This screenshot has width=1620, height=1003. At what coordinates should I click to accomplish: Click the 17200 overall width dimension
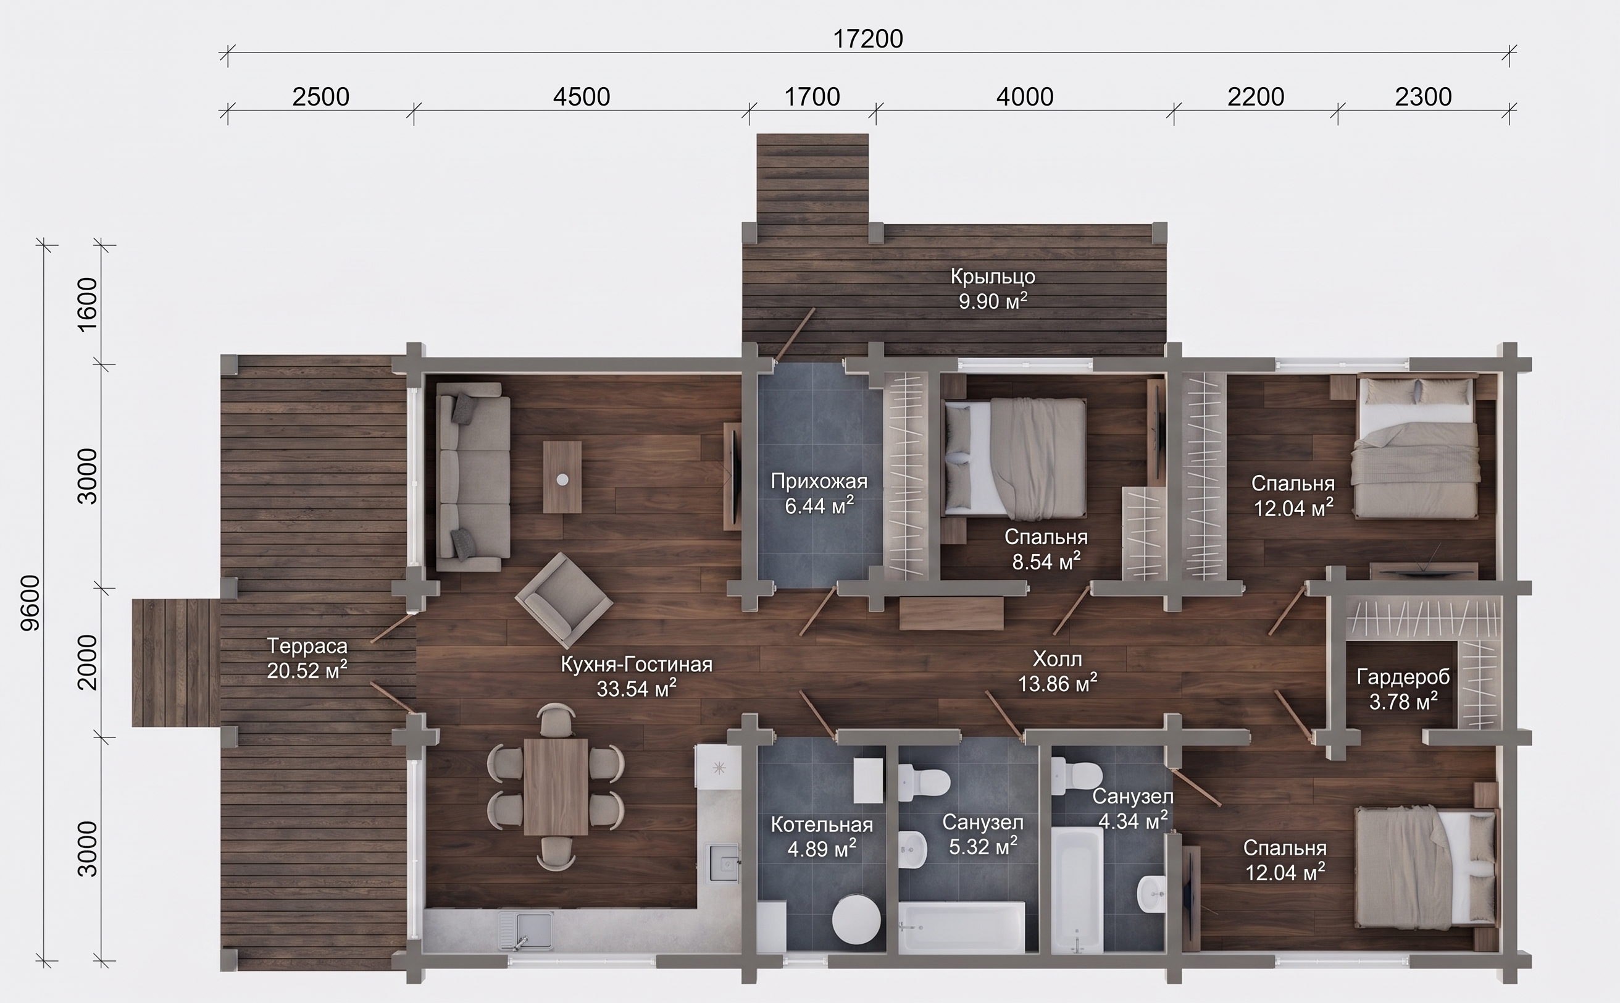(867, 39)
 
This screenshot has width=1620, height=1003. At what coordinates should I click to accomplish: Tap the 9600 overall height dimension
(30, 603)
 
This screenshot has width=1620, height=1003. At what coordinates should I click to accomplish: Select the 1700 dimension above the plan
(812, 97)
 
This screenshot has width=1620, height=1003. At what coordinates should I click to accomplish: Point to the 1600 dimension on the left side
(88, 304)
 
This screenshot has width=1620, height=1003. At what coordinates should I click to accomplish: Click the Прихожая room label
(819, 481)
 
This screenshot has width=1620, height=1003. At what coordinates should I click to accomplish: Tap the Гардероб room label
(1403, 677)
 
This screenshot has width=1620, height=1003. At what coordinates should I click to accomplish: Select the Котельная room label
(822, 825)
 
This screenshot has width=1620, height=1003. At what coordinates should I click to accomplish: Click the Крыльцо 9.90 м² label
(993, 288)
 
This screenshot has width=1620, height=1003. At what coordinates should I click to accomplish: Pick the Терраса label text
(307, 645)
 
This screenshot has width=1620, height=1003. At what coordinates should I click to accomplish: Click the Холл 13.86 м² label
(1058, 671)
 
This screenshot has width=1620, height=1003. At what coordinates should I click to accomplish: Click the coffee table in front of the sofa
(562, 477)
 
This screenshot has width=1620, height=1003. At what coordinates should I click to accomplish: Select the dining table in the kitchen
(556, 787)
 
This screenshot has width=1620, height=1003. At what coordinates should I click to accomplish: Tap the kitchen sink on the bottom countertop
(525, 932)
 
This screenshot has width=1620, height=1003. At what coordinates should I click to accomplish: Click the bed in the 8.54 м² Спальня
(1014, 458)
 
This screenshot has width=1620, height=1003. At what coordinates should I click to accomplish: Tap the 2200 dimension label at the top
(1256, 97)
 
